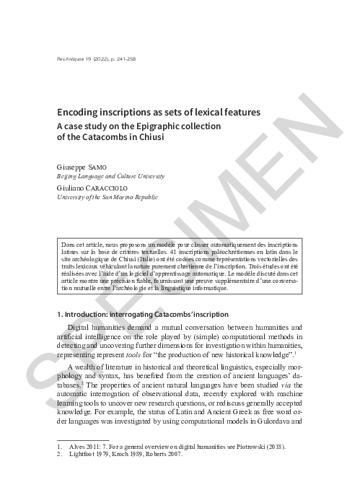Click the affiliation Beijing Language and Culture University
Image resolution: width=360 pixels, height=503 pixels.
click(110, 175)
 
